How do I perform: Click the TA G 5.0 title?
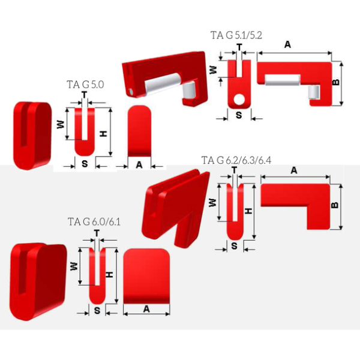[x=85, y=85]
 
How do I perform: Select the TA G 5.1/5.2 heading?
[x=236, y=35]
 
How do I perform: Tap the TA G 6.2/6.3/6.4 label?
[x=236, y=160]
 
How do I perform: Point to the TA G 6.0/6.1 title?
[x=94, y=222]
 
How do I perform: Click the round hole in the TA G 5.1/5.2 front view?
[x=239, y=99]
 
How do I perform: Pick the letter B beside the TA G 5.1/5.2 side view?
[x=336, y=82]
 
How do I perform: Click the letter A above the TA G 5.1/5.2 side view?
[x=287, y=44]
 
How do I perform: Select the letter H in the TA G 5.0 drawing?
[x=104, y=134]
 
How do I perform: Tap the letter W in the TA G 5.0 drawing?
[x=61, y=124]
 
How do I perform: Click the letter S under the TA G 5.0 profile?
[x=85, y=164]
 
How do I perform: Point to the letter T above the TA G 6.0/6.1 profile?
[x=97, y=233]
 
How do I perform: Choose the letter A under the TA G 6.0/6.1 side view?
[x=146, y=309]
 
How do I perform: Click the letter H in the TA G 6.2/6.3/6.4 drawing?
[x=248, y=211]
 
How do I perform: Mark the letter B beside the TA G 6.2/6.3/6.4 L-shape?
[x=335, y=205]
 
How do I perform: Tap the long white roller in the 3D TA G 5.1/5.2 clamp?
[x=163, y=84]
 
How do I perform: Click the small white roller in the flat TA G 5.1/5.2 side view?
[x=314, y=92]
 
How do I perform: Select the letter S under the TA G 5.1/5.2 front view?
[x=239, y=115]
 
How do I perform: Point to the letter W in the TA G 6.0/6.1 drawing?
[x=74, y=266]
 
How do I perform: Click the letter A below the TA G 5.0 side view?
[x=139, y=165]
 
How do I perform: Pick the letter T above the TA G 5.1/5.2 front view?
[x=239, y=47]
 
